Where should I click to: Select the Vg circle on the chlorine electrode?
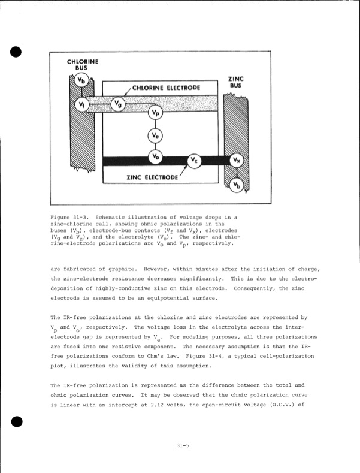pos(119,104)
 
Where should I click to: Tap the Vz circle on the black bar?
pos(195,160)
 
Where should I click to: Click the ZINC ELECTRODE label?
pos(153,177)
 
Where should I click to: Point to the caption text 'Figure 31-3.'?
pos(69,213)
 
